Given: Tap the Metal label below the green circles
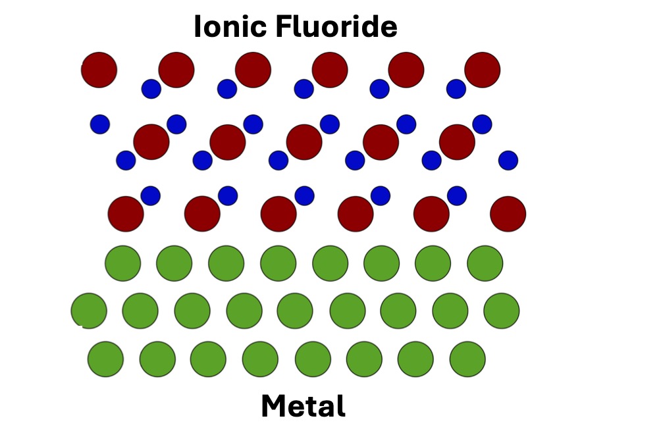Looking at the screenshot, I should [x=303, y=405].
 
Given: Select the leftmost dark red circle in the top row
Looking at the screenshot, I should [x=99, y=70].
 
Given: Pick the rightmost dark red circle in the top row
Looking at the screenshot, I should [x=483, y=70].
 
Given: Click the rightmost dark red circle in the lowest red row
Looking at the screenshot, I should [x=508, y=214].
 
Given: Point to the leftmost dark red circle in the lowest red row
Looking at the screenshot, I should [x=126, y=214].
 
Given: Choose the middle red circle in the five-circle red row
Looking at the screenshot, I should [x=304, y=142].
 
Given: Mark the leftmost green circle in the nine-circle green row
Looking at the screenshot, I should [x=89, y=311].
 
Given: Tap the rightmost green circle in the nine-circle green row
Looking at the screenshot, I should [x=502, y=311].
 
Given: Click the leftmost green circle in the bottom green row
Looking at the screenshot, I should [x=105, y=359].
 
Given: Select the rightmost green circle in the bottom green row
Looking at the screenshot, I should [x=467, y=359].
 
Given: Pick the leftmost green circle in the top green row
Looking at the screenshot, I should [x=123, y=263].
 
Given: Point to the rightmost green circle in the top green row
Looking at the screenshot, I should [x=485, y=263].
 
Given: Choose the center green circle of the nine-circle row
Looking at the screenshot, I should [x=295, y=311].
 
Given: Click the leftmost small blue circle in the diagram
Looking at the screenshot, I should [x=100, y=124].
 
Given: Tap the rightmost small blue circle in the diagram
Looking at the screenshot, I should [x=508, y=160].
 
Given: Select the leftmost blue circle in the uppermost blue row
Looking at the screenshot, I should [x=151, y=89].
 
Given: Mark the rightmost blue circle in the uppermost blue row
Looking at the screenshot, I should [x=456, y=89].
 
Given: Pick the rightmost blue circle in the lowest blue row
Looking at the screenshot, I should [x=457, y=195].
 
